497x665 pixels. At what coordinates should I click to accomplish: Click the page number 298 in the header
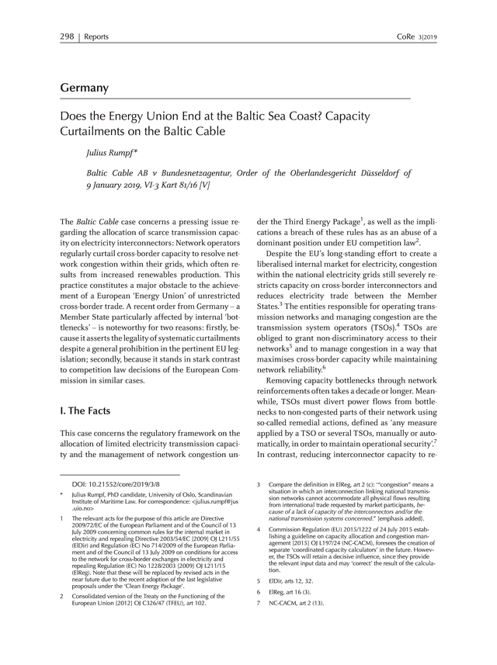[68, 36]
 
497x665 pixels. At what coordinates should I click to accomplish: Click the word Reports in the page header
[96, 36]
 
